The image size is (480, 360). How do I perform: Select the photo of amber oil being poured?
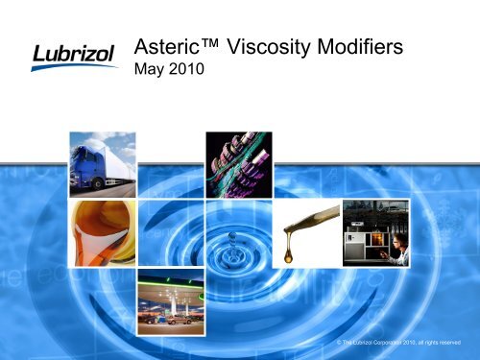(x=102, y=229)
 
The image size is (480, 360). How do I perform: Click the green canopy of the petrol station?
(x=171, y=284)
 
